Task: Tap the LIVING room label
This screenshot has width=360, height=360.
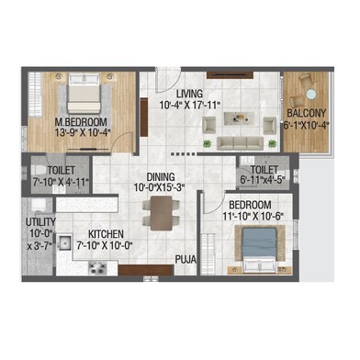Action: pos(191,93)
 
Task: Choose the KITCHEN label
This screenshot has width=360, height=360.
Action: pos(105,234)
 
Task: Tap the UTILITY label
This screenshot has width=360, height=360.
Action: pos(42,222)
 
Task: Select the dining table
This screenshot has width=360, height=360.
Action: pos(162,213)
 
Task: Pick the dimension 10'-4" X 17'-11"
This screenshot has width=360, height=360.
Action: pos(191,104)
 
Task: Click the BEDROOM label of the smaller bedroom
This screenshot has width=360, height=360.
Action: pos(249,203)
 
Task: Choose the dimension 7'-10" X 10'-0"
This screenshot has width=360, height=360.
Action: pos(105,245)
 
